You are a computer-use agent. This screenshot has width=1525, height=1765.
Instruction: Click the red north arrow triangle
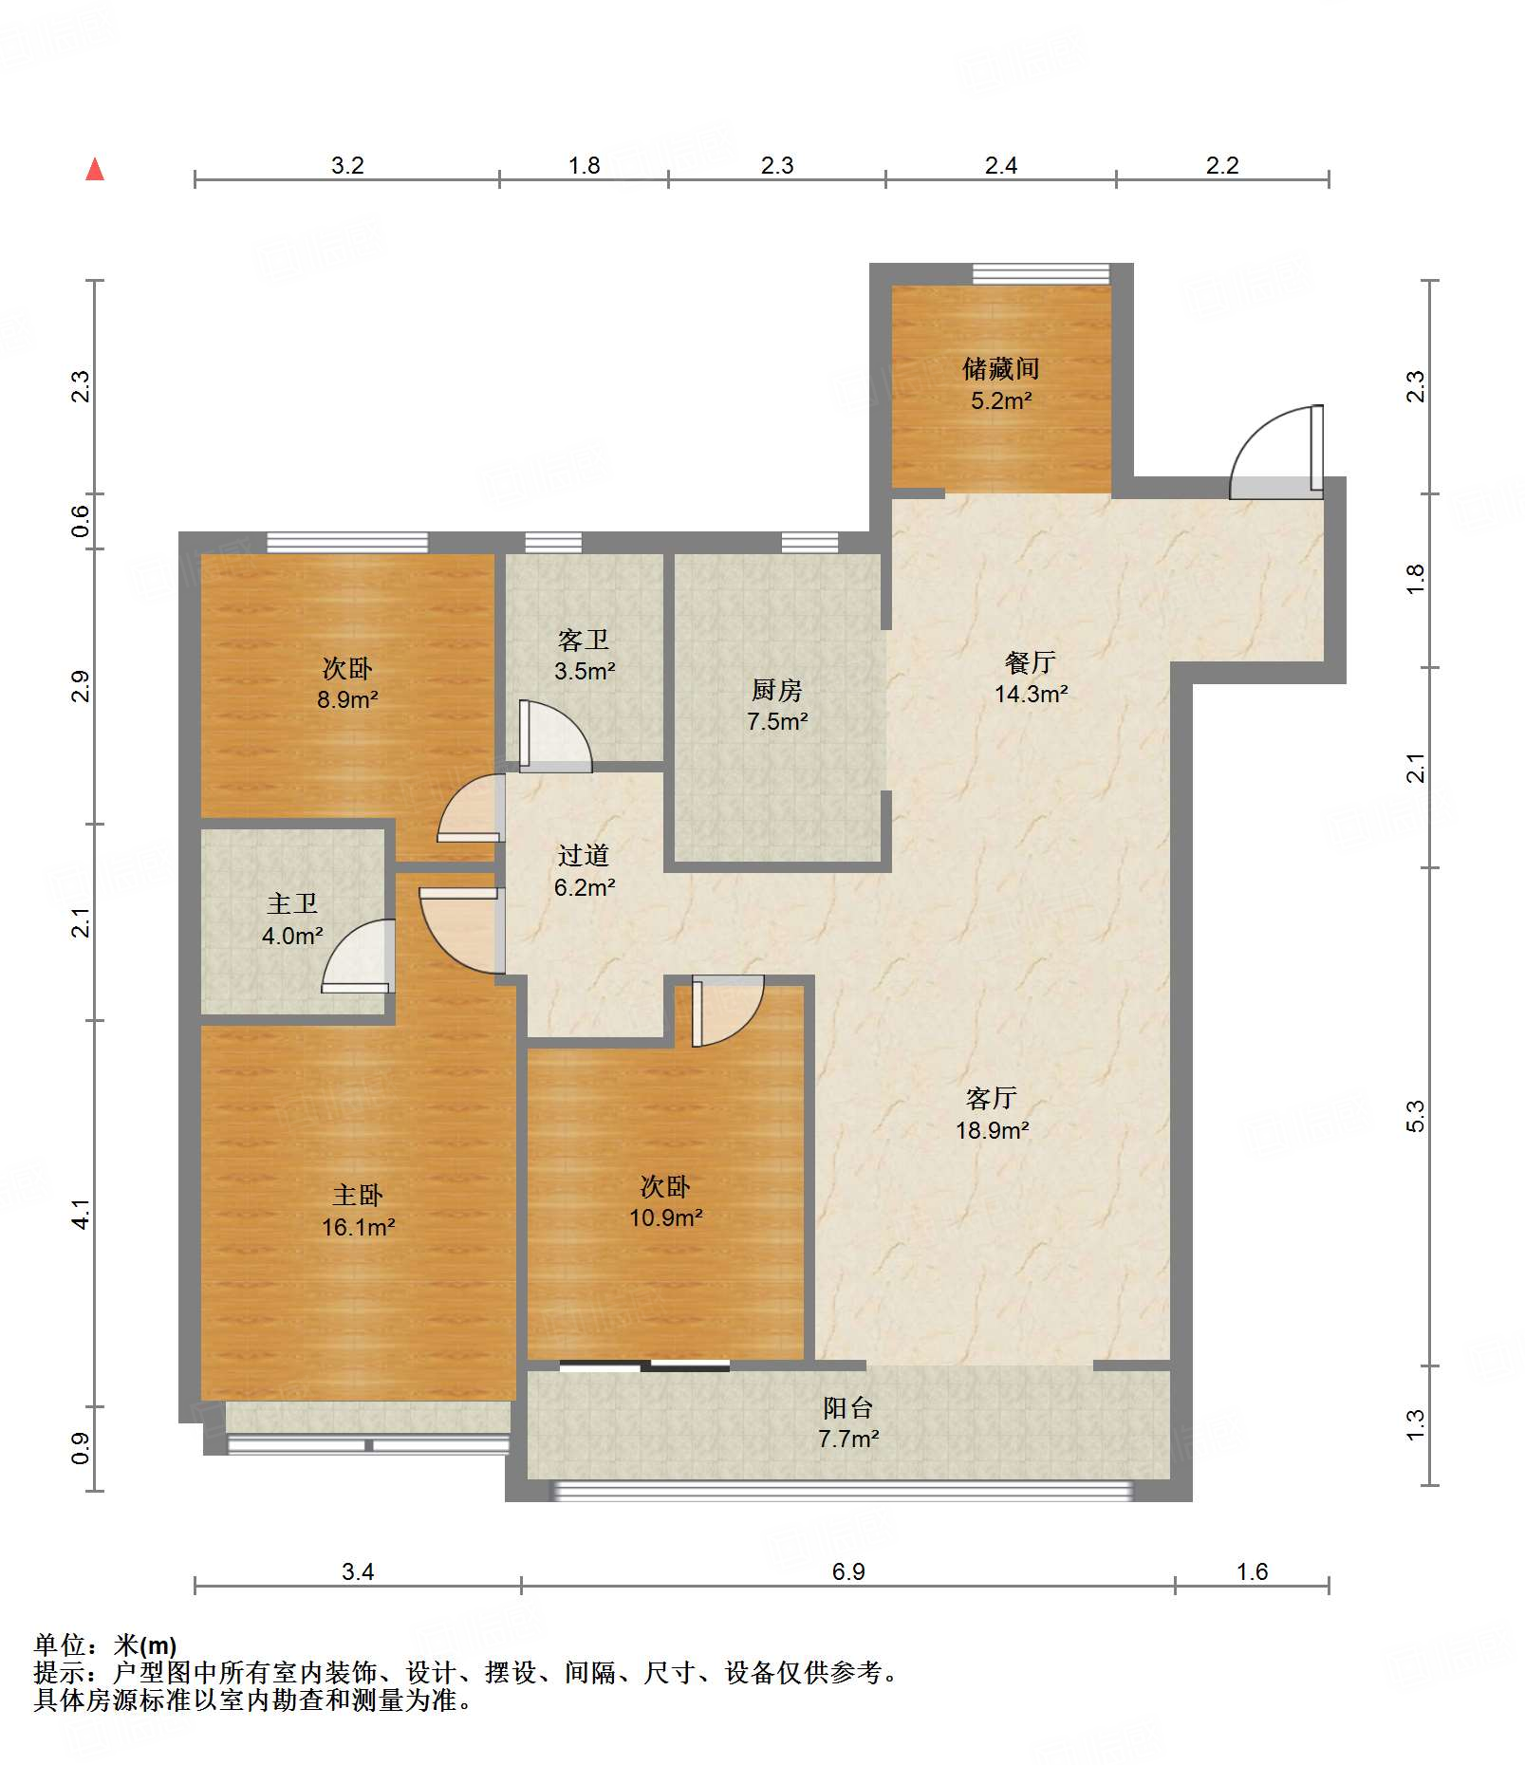point(95,170)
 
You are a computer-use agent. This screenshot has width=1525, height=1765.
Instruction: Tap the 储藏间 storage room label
point(1000,368)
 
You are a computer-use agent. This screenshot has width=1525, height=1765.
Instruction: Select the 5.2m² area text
point(1000,400)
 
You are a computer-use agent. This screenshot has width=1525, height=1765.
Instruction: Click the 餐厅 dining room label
point(1030,662)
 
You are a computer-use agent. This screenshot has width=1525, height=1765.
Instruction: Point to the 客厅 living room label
point(992,1098)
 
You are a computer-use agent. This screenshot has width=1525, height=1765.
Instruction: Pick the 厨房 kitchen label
point(776,690)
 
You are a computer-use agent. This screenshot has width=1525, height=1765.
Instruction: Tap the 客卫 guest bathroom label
point(584,640)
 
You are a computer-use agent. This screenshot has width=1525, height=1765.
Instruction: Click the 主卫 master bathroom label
point(292,903)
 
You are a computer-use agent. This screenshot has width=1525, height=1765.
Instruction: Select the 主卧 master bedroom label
point(358,1195)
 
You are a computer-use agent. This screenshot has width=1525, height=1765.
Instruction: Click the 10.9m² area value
point(665,1217)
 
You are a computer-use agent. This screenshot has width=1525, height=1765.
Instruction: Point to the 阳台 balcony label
point(848,1407)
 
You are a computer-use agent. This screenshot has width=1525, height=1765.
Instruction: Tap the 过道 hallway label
point(584,855)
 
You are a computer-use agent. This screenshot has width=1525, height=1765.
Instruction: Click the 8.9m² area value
point(347,700)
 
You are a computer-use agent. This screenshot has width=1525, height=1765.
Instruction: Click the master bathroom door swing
point(358,956)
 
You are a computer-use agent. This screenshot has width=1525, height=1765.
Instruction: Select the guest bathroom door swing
point(555,736)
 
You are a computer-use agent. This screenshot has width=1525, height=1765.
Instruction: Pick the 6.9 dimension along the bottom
point(848,1571)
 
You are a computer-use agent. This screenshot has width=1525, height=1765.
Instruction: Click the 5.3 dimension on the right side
point(1414,1116)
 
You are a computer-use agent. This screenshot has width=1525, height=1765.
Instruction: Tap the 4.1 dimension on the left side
point(81,1214)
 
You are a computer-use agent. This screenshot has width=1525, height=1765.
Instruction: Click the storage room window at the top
point(1041,273)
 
